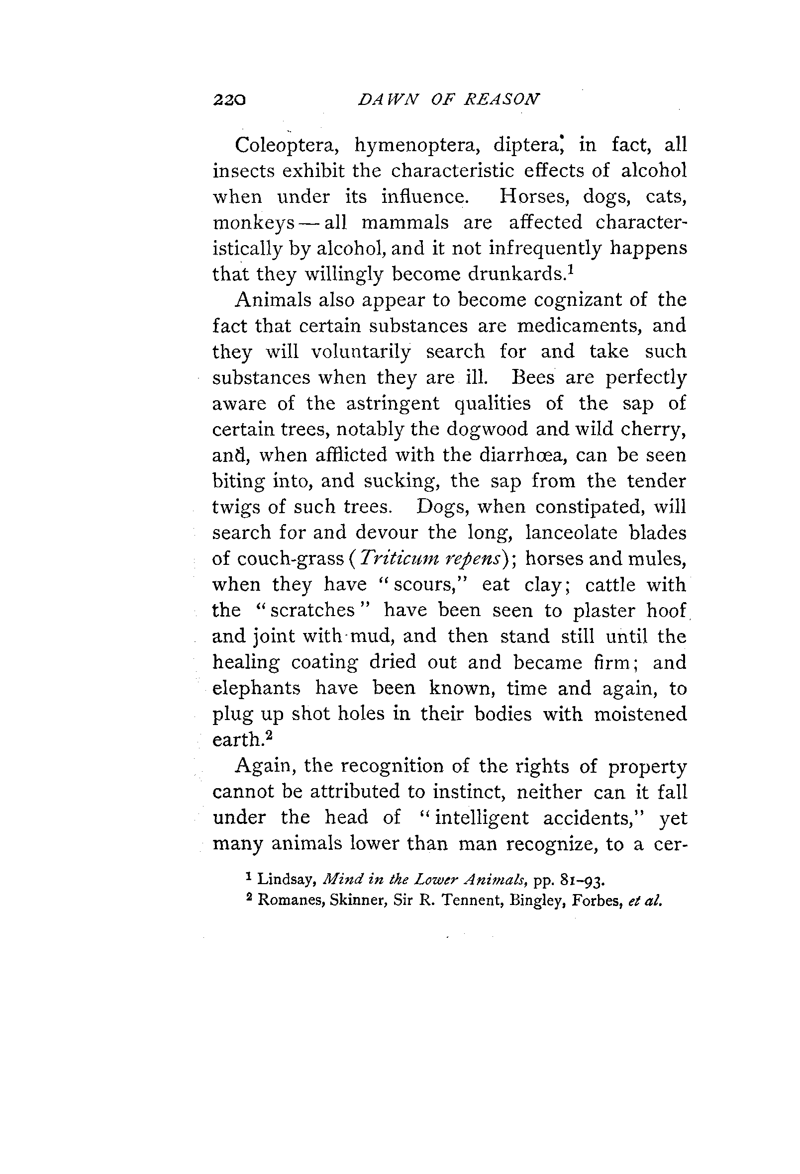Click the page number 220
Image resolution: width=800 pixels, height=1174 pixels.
pyautogui.click(x=229, y=99)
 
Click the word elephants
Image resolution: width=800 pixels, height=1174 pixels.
pyautogui.click(x=256, y=688)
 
